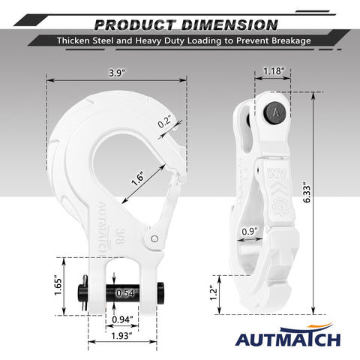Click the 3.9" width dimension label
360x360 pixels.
[x=117, y=73]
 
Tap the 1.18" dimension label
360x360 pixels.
[x=274, y=71]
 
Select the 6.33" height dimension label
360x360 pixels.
[x=307, y=193]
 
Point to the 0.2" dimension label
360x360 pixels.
[x=164, y=121]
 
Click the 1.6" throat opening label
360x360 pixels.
[x=138, y=178]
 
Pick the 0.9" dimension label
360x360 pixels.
[x=250, y=232]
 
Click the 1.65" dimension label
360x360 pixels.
[x=58, y=286]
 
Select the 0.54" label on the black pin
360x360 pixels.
[x=127, y=293]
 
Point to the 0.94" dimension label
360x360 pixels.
[x=122, y=319]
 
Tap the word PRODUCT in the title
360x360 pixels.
[x=135, y=25]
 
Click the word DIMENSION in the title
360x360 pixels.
[x=229, y=25]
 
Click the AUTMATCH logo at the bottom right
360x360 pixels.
[x=288, y=335]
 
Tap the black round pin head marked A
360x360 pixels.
[x=276, y=112]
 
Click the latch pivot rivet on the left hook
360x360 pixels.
[x=154, y=238]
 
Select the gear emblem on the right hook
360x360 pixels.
[x=280, y=207]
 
